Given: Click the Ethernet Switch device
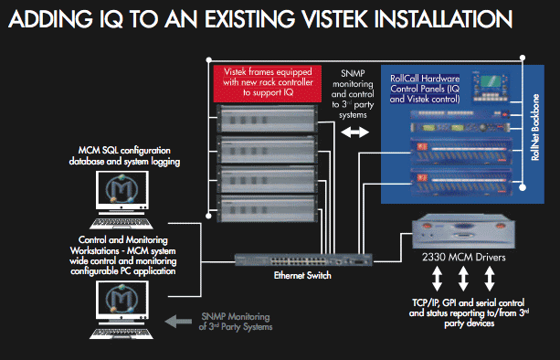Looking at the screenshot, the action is coord(303,259).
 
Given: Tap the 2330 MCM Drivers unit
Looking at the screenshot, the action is coord(463,232).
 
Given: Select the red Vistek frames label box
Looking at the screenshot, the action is coord(267,83).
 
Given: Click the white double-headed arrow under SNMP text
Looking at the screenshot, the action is coord(354,132).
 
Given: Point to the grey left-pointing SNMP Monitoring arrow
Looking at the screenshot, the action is coord(178,321).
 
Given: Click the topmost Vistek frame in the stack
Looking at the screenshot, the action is coord(267,118).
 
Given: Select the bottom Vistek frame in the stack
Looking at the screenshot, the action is coord(267,208).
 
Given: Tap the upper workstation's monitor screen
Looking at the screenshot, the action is coord(122,189).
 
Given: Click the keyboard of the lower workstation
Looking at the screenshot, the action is coord(122,334).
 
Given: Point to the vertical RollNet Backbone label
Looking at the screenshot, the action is coord(535,127).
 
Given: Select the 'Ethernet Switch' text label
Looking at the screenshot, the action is coord(302,275).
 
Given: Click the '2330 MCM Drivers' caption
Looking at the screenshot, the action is coord(463,257).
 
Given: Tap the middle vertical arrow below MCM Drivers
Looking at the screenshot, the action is coord(463,279).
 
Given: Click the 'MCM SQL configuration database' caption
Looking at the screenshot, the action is coord(124,156).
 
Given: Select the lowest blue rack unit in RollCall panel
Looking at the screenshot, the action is coord(461,182).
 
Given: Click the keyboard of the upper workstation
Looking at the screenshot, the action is coord(122,224).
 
